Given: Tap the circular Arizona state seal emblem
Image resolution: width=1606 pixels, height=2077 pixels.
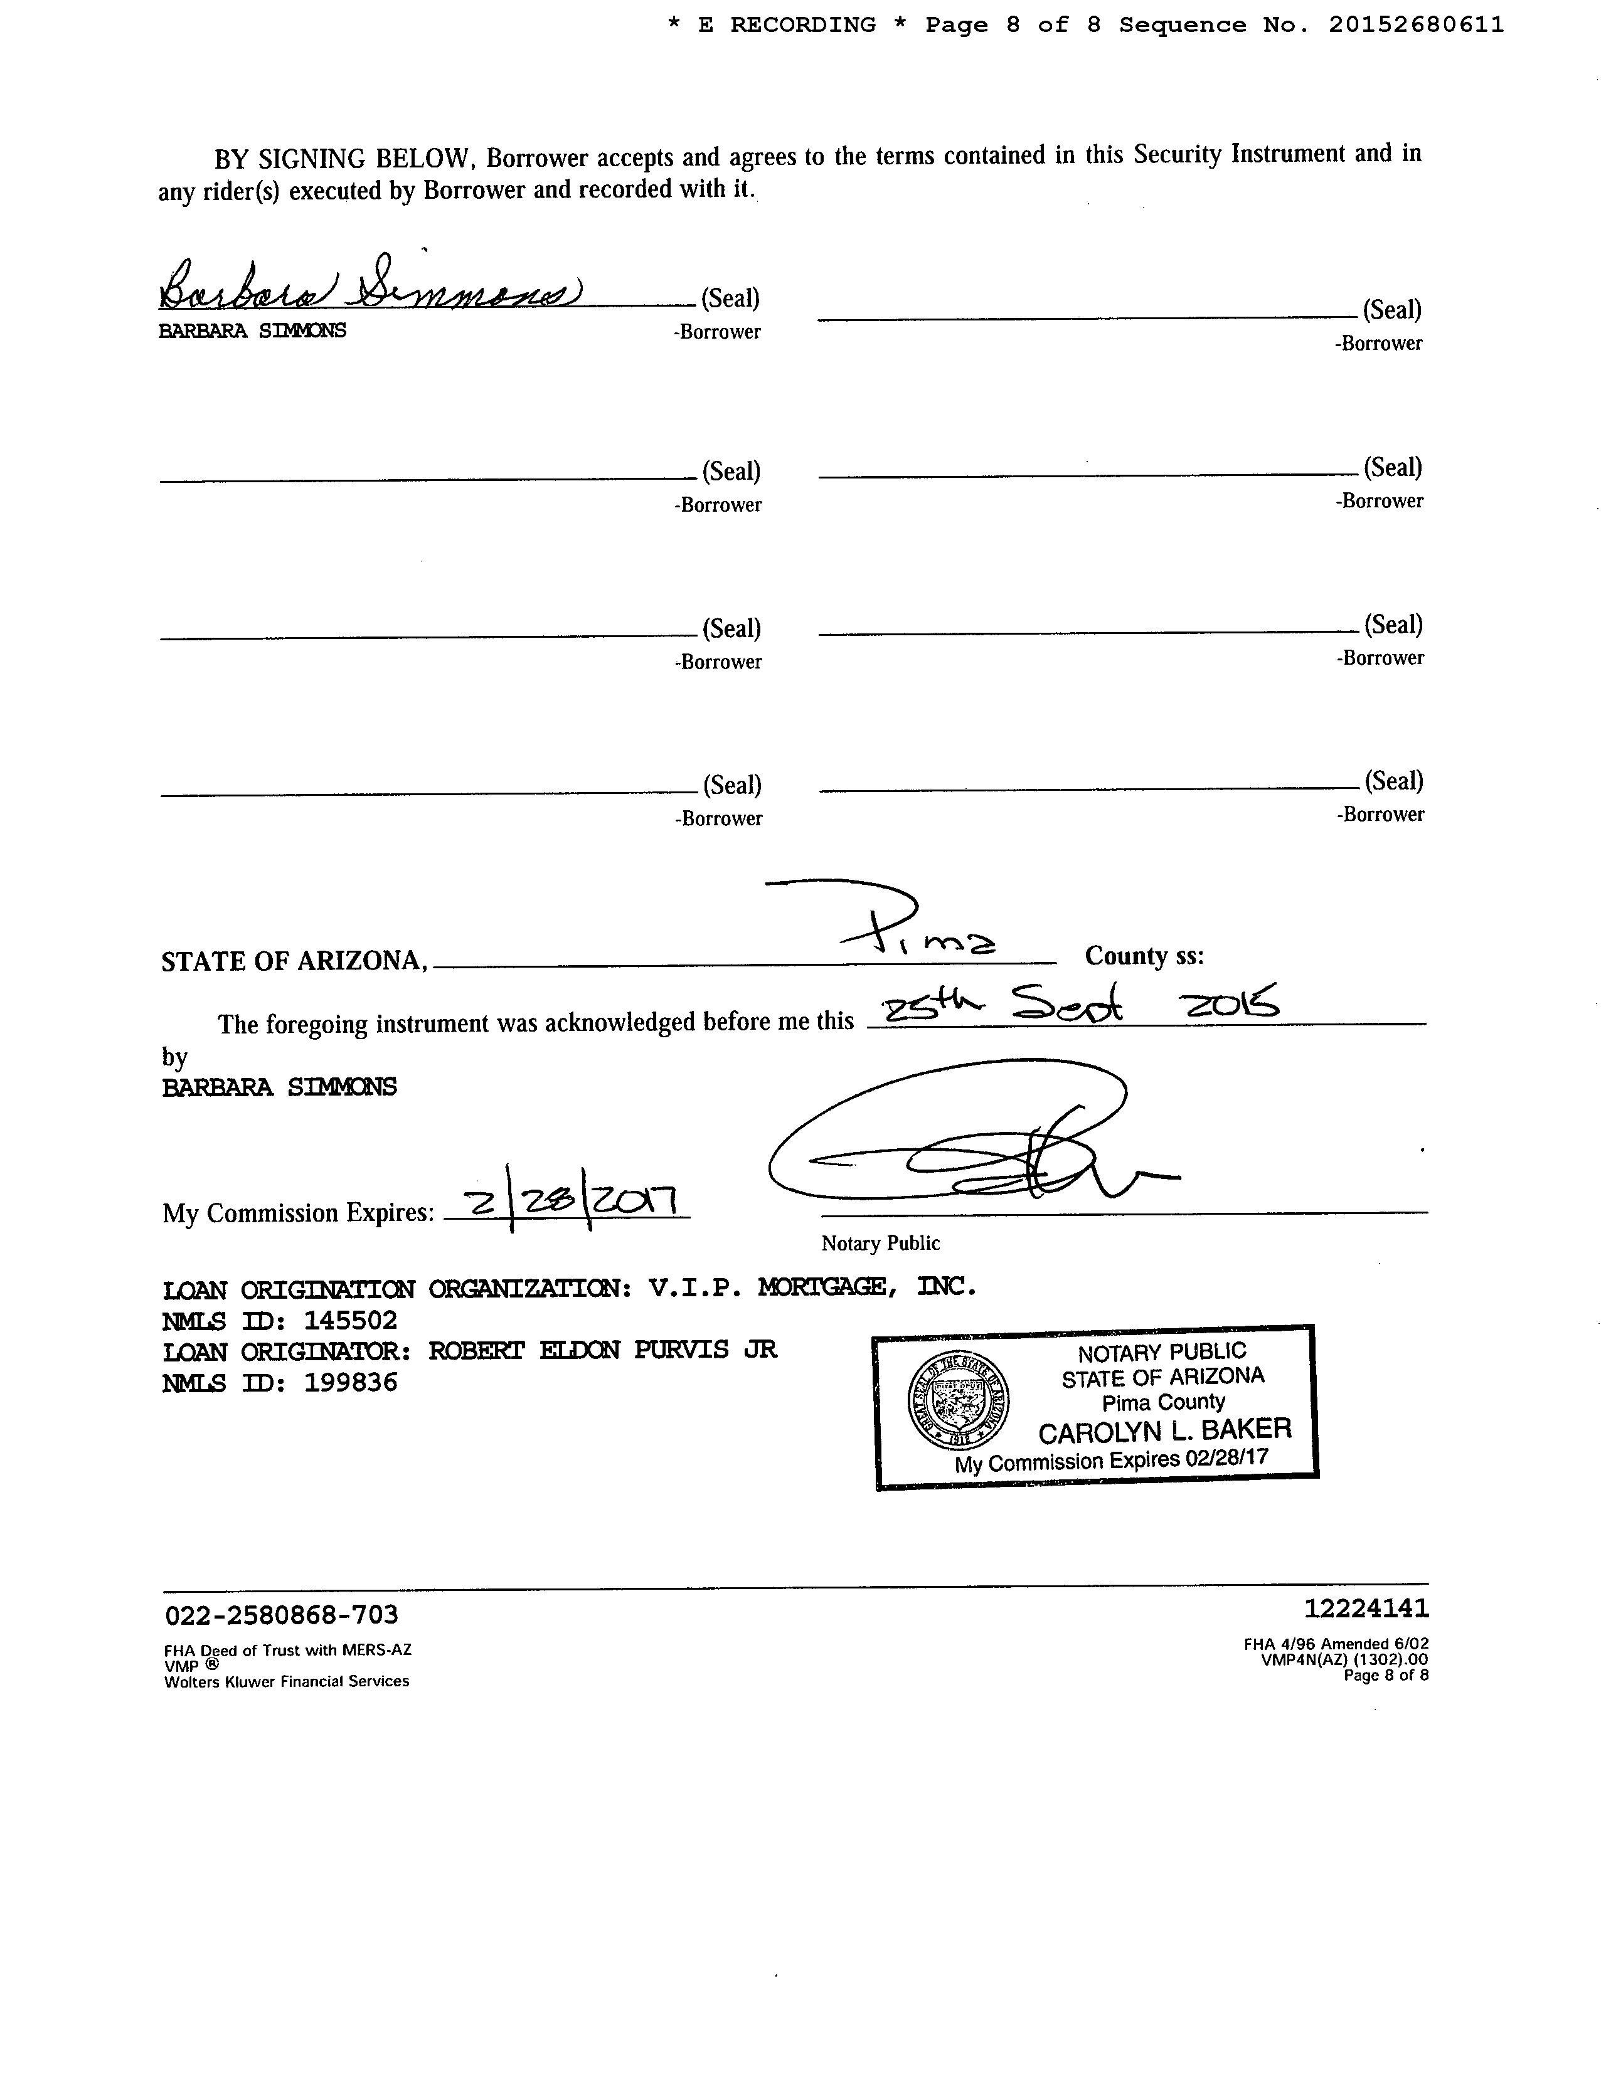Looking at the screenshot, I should (x=958, y=1401).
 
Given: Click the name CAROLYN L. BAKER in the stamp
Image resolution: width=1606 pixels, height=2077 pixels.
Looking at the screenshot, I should (x=1164, y=1429).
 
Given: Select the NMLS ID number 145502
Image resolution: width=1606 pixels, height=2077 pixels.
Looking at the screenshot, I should (x=349, y=1321).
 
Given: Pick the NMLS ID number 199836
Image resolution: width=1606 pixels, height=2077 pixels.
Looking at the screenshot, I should (x=349, y=1383).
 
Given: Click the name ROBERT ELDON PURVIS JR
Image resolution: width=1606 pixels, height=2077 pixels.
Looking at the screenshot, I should (x=602, y=1350).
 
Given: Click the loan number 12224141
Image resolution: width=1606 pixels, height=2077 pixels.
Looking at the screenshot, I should (x=1365, y=1608).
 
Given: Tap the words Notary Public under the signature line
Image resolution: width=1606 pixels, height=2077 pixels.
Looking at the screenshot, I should (x=880, y=1243).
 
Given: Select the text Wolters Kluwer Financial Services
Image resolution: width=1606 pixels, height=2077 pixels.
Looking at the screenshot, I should (x=286, y=1681).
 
